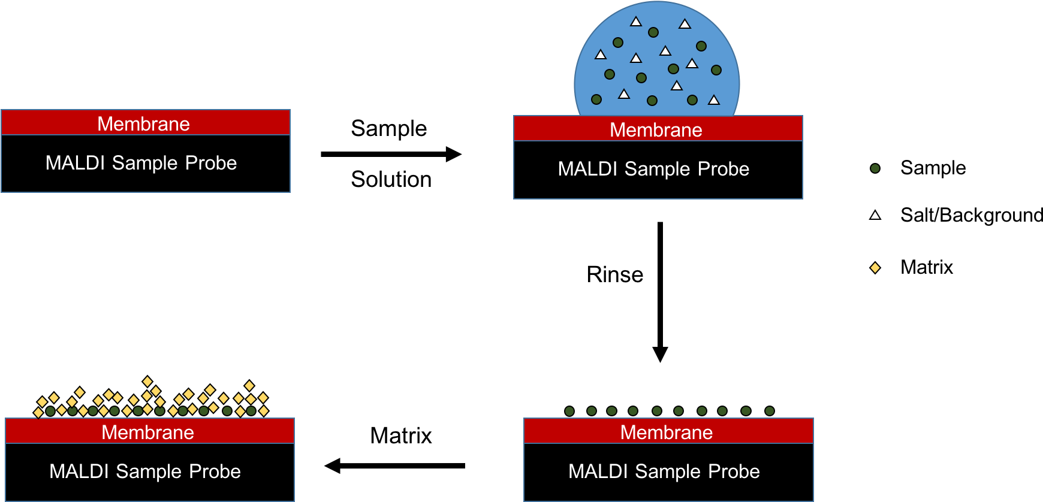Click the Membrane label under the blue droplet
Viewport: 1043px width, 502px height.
click(656, 130)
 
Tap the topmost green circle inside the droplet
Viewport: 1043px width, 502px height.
click(653, 32)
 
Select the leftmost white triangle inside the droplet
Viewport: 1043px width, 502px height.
click(601, 55)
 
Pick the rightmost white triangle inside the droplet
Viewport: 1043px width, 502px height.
click(714, 100)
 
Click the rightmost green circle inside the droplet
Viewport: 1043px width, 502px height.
click(716, 70)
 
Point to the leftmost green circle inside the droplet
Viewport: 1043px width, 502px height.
click(596, 99)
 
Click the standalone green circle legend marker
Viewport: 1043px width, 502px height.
click(875, 168)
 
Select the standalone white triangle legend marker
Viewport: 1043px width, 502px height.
click(875, 215)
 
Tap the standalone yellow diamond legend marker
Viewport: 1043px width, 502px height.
click(875, 268)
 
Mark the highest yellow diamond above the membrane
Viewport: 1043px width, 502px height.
click(147, 382)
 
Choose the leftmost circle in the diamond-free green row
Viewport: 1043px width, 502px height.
click(569, 411)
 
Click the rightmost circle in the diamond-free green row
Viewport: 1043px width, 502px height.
click(770, 411)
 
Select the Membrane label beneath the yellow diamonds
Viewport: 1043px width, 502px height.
click(147, 433)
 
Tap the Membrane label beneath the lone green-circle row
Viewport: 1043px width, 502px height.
click(667, 433)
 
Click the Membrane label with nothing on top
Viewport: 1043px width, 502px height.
click(143, 124)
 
